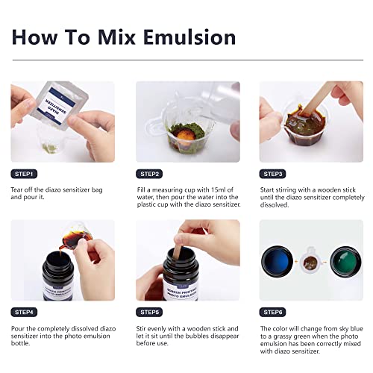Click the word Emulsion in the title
[189, 37]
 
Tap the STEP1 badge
[24, 174]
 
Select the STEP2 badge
[149, 174]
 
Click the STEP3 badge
[272, 174]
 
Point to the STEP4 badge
[24, 312]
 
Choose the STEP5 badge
[149, 312]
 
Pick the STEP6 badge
[272, 312]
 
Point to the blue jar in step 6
[278, 261]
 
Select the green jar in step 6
[345, 262]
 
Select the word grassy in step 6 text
[283, 336]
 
